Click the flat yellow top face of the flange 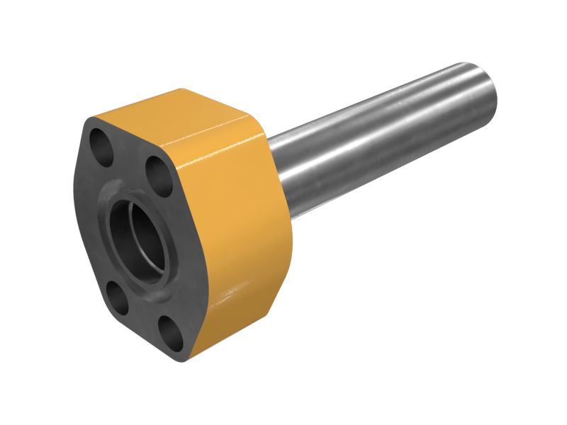(177, 117)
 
